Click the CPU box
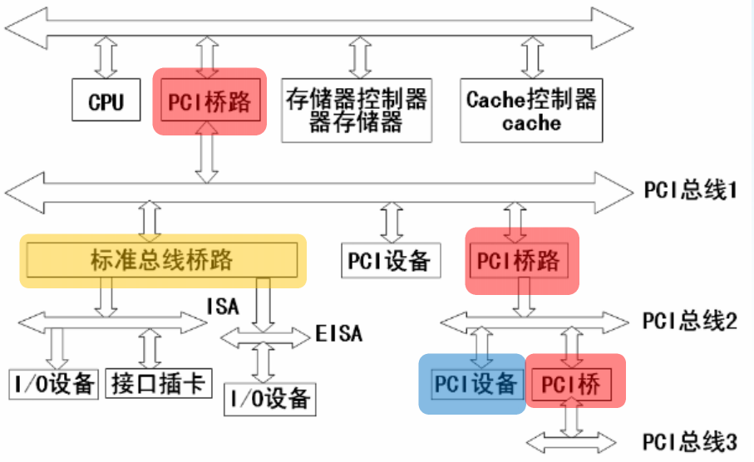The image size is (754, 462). tap(106, 101)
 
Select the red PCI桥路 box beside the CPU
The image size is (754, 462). tap(209, 101)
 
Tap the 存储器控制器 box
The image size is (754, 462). tap(357, 111)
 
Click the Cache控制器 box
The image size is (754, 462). tap(532, 111)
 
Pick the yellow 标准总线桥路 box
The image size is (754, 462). tap(162, 260)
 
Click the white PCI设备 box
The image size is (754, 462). tap(388, 260)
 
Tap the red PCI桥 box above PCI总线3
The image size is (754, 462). tap(575, 383)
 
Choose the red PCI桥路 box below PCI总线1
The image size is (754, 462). tap(521, 260)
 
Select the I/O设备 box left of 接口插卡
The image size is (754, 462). tap(53, 383)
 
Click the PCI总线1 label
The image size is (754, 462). tap(690, 191)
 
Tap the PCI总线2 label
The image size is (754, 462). tap(690, 321)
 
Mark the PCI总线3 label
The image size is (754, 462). tap(690, 440)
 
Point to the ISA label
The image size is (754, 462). tap(223, 307)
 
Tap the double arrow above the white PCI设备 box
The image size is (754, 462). tap(388, 221)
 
